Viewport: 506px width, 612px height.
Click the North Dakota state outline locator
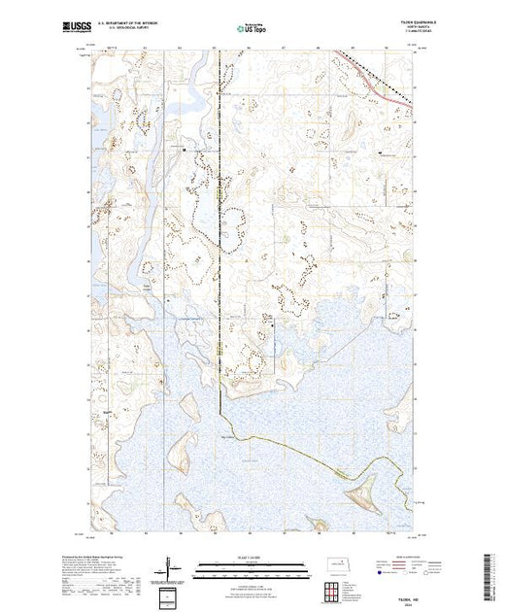(334, 563)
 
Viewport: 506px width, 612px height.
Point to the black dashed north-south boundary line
(219, 243)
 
